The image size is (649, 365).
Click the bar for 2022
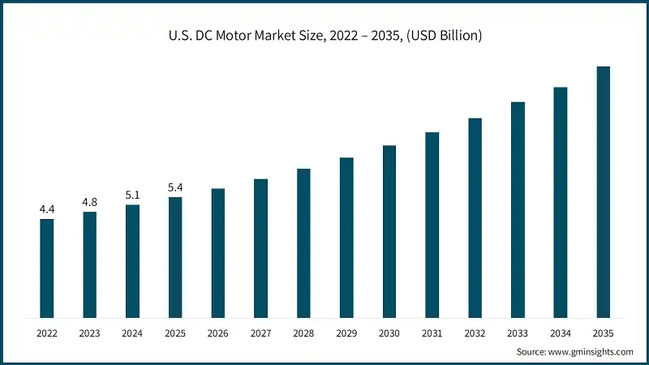[47, 268]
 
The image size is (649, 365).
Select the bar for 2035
[604, 192]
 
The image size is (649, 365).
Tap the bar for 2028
[303, 243]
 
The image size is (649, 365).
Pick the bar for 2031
[432, 225]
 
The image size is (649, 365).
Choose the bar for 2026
[218, 253]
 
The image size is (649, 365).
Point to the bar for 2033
[518, 210]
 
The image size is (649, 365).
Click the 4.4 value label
[47, 210]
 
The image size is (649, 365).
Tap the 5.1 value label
[132, 195]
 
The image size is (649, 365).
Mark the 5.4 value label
[175, 188]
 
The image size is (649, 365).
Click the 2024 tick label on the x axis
[132, 333]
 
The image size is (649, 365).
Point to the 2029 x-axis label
[346, 333]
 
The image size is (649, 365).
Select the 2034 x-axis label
[561, 333]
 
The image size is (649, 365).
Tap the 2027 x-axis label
[260, 333]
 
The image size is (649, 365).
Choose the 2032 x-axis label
[475, 333]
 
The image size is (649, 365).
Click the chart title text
[324, 35]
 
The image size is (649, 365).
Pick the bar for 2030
[389, 232]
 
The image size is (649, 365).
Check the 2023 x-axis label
[89, 333]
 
